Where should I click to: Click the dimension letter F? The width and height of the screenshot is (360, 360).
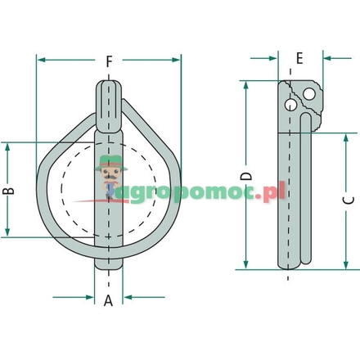point(109,60)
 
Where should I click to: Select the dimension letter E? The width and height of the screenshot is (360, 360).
point(299,58)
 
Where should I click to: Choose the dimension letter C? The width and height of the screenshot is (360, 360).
point(347,199)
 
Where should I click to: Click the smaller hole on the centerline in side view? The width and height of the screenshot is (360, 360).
point(289,106)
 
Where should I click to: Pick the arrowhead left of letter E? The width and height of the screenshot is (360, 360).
point(272,58)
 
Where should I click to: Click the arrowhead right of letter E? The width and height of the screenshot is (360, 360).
point(328,58)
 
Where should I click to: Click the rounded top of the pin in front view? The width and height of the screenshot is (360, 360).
point(109,85)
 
